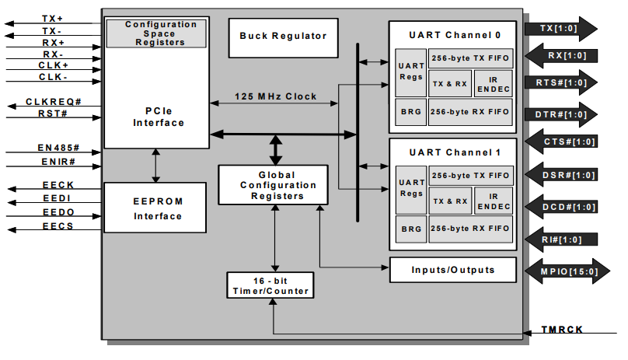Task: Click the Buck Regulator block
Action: tap(283, 37)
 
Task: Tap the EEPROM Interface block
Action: tap(155, 208)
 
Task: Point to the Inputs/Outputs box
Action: tap(452, 270)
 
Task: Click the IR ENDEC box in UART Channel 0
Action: tap(493, 82)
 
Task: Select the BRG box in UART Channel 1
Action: tap(410, 229)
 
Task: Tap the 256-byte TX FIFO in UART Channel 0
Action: tap(471, 59)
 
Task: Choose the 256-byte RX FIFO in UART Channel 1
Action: tap(471, 229)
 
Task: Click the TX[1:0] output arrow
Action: tap(560, 29)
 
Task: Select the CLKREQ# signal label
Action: tap(53, 102)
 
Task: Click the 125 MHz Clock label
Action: tap(276, 96)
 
